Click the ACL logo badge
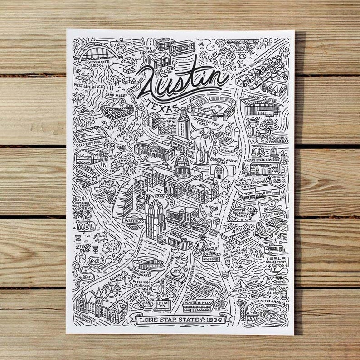click(x=85, y=225)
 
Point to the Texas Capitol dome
click(x=181, y=160)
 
